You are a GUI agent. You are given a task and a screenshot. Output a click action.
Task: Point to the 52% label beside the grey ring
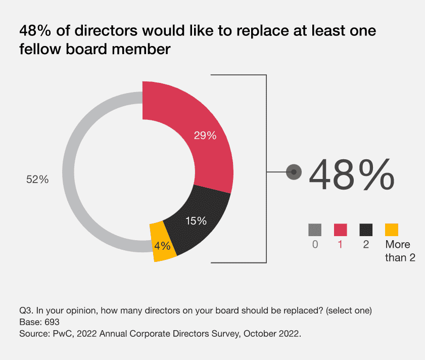pos(37,179)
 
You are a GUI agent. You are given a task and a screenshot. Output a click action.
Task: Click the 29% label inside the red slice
pos(205,136)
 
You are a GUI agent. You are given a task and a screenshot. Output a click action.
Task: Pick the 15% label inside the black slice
pos(196,221)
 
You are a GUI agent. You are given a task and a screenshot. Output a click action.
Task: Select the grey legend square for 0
pos(315,230)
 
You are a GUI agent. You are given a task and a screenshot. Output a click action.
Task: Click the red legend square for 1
pos(340,230)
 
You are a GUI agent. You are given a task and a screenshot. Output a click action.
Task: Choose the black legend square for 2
pos(366,230)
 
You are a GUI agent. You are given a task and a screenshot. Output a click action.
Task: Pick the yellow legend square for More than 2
pos(392,230)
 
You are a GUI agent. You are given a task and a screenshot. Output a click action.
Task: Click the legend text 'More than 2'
pos(400,251)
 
